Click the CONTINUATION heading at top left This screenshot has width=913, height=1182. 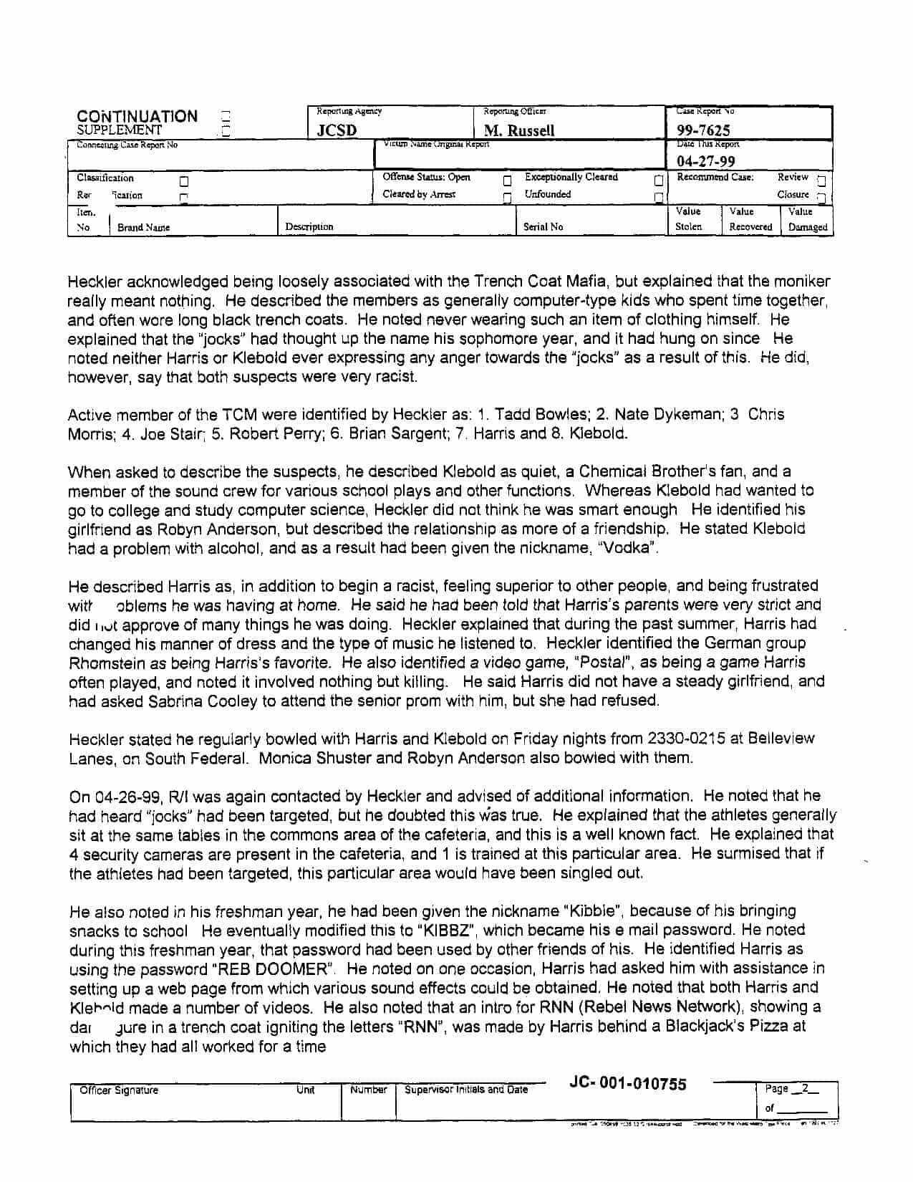pyautogui.click(x=137, y=116)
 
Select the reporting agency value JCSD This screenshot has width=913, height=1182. pyautogui.click(x=337, y=130)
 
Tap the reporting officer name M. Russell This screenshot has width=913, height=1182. pyautogui.click(x=519, y=130)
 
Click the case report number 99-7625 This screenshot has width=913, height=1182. pyautogui.click(x=703, y=130)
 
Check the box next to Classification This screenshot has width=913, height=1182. pyautogui.click(x=184, y=181)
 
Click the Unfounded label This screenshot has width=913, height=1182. pyautogui.click(x=547, y=194)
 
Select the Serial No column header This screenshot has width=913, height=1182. pyautogui.click(x=543, y=227)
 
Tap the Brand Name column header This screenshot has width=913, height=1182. pyautogui.click(x=143, y=228)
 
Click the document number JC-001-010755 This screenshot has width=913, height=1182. pyautogui.click(x=627, y=1084)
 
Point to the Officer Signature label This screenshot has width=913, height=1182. pyautogui.click(x=119, y=1090)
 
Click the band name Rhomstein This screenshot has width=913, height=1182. pyautogui.click(x=107, y=663)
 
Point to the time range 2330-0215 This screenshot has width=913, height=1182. pyautogui.click(x=692, y=739)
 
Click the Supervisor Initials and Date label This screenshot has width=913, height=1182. pyautogui.click(x=466, y=1090)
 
